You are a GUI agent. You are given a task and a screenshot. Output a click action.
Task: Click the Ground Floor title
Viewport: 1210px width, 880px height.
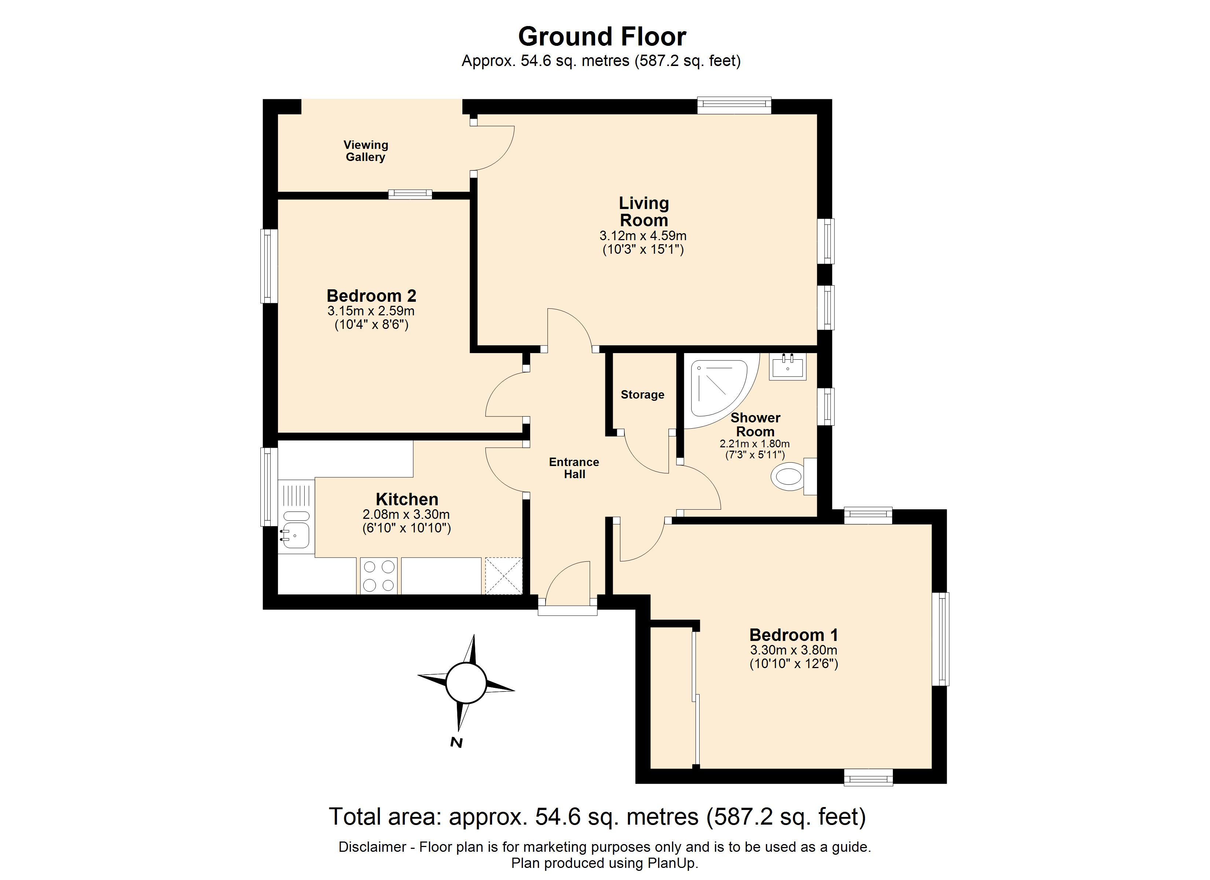coord(602,37)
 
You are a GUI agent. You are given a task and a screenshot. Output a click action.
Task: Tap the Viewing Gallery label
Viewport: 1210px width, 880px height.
coord(366,151)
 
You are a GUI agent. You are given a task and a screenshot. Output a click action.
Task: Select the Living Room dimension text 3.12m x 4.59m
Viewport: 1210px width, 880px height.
coord(643,236)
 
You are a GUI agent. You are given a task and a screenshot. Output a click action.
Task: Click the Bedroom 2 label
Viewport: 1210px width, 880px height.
coord(371,296)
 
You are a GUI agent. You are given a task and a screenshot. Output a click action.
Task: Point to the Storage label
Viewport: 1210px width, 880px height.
coord(642,395)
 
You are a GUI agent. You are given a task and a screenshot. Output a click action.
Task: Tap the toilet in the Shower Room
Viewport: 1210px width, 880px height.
coord(789,476)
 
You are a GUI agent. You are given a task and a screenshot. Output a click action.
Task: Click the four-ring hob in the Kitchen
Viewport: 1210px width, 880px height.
coord(378,575)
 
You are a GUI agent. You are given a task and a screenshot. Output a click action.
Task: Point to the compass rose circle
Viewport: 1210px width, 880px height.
coord(466,683)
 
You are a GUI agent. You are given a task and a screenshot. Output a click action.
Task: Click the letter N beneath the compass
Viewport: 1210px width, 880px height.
coord(456,742)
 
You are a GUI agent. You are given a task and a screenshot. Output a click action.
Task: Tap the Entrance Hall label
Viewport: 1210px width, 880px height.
coord(574,468)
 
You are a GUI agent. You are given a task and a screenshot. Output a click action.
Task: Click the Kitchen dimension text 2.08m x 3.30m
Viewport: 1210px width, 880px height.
coord(406,515)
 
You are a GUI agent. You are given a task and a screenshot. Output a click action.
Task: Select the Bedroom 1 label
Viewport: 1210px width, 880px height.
coord(793,635)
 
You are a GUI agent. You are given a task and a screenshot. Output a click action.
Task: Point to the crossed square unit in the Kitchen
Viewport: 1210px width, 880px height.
coord(503,575)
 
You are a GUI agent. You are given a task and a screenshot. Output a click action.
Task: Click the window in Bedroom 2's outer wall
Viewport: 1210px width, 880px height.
coord(269,266)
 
